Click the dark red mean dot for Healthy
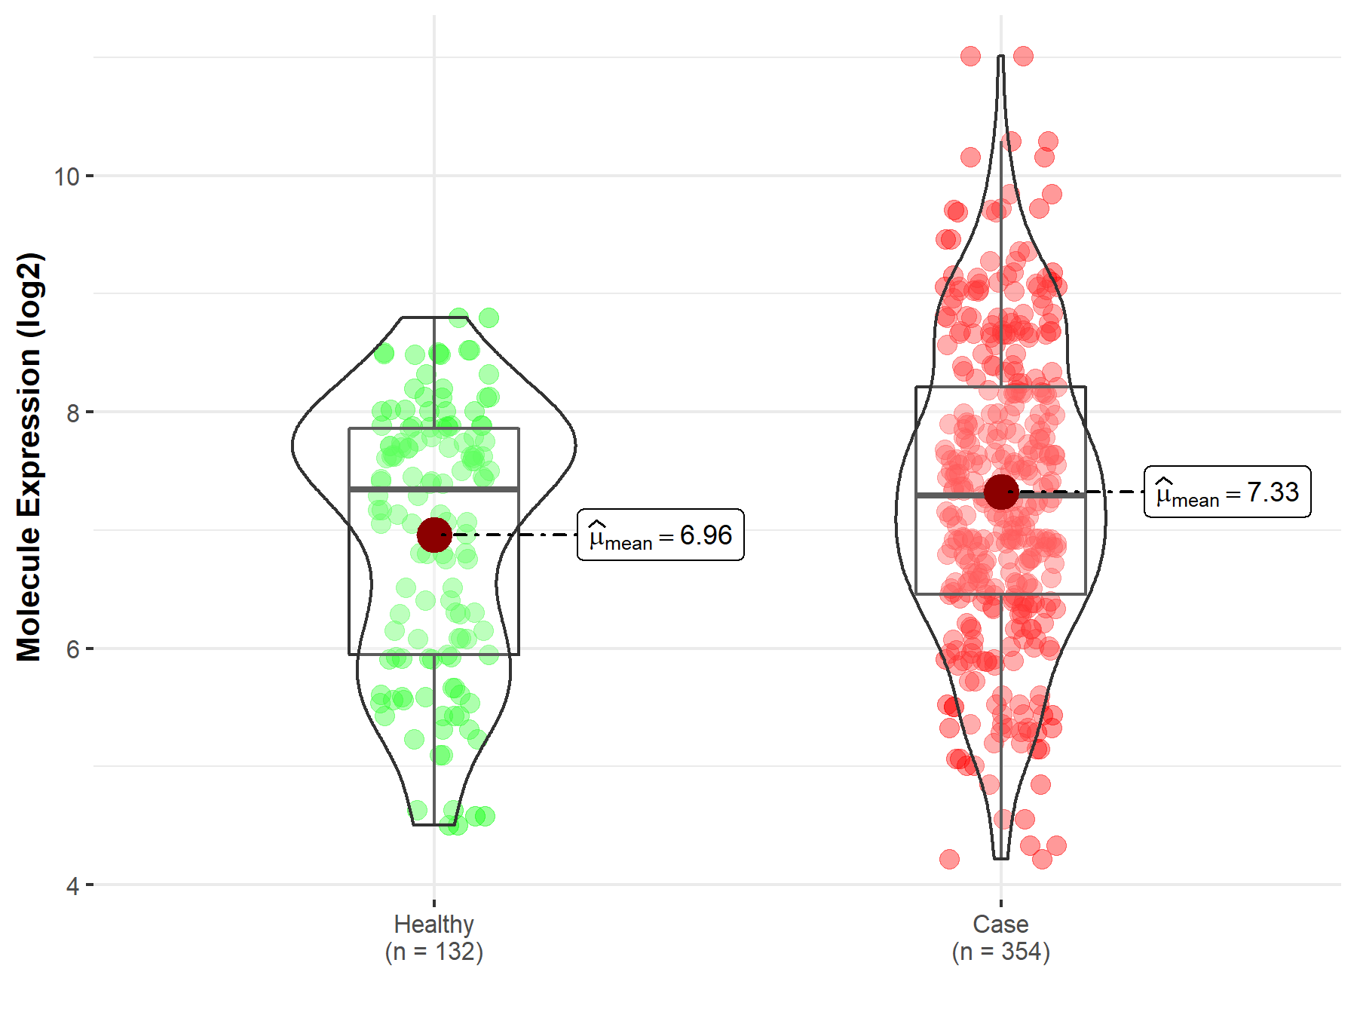tap(434, 535)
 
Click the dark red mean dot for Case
tap(1001, 492)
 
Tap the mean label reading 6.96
tap(660, 535)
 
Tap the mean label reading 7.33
tap(1227, 492)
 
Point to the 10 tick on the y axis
tap(66, 176)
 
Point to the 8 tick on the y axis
tap(72, 412)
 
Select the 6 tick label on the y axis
tap(72, 649)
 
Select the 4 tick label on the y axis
tap(72, 885)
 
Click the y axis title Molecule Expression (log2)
tap(29, 457)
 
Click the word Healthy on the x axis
tap(434, 924)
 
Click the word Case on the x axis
tap(1000, 924)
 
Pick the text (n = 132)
tap(434, 952)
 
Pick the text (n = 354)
tap(1000, 952)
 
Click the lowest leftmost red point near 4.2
tap(949, 859)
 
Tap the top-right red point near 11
tap(1023, 56)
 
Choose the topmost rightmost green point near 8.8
tap(489, 318)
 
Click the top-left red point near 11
tap(970, 56)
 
